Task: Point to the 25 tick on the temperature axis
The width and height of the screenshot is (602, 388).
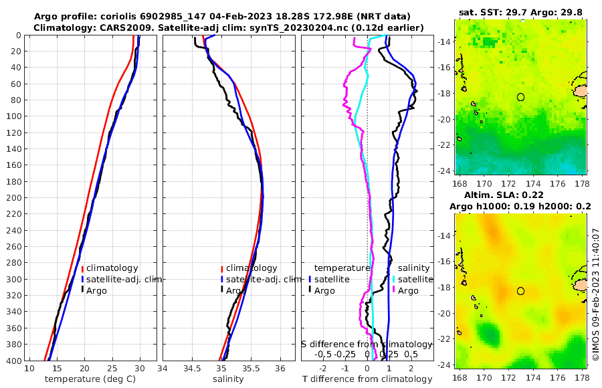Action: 112,369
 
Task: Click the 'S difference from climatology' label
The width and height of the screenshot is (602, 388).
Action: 367,344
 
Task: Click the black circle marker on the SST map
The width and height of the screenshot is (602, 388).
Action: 520,97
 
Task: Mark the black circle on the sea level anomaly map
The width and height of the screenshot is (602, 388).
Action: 520,291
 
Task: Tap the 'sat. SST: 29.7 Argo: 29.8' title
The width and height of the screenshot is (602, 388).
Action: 521,12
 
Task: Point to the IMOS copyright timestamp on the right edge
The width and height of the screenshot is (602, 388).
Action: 595,294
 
